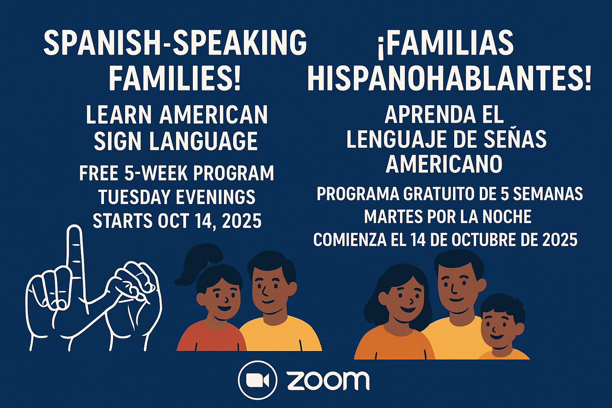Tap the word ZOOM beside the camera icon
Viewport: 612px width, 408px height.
[328, 381]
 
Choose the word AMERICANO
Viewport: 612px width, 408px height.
[444, 164]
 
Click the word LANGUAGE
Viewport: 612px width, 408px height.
[204, 141]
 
